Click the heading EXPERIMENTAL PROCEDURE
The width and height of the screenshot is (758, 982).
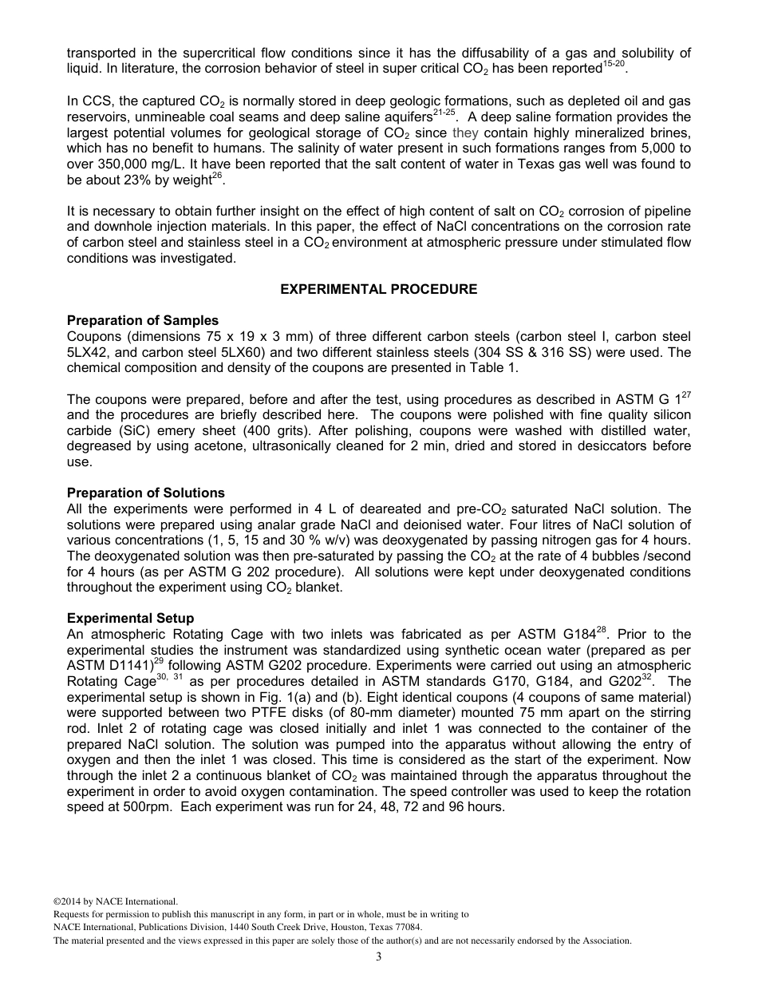378,289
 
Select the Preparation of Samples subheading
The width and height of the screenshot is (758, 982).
142,321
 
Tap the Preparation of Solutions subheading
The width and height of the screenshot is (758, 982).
145,493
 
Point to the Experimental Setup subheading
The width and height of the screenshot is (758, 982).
130,618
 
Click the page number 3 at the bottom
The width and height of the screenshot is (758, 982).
378,956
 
